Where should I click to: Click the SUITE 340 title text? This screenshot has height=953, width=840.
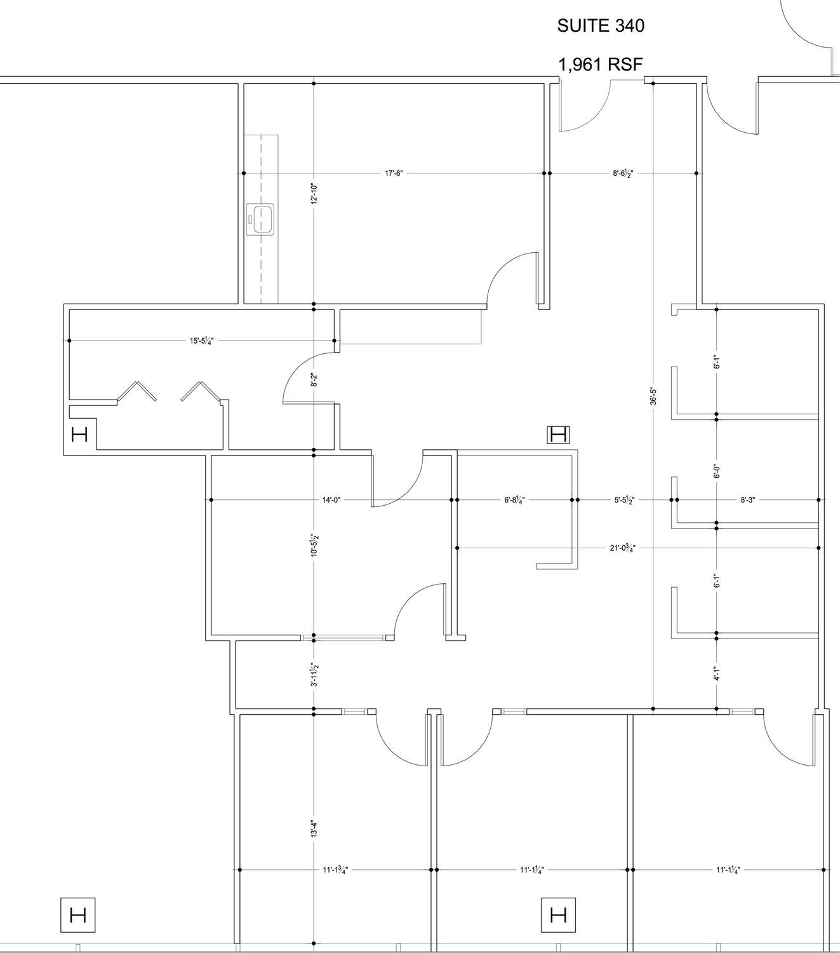point(600,26)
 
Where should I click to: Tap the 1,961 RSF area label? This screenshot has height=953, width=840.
point(600,64)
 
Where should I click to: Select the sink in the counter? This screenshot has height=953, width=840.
point(260,219)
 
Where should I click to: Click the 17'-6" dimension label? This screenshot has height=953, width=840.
point(394,173)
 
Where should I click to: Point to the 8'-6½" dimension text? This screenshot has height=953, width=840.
point(623,173)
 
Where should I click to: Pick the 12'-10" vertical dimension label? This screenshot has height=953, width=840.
point(314,193)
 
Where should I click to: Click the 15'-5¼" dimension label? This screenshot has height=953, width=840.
point(202,341)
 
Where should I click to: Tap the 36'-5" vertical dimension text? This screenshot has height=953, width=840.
point(653,396)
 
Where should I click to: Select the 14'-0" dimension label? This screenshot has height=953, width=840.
point(331,499)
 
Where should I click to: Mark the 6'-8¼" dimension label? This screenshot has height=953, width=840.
point(514,499)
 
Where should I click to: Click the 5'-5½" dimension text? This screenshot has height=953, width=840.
point(624,499)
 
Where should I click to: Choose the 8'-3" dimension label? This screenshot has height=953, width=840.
point(747,499)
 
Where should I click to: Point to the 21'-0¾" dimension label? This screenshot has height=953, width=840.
point(623,548)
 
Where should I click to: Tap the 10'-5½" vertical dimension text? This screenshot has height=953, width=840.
point(314,545)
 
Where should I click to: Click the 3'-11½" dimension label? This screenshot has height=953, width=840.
point(314,674)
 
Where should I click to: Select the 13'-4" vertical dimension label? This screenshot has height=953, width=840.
point(314,842)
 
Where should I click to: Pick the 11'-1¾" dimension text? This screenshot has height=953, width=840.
point(335,870)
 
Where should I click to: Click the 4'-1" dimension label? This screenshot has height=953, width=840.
point(716,673)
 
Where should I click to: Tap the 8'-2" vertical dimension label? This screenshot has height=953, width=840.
point(314,379)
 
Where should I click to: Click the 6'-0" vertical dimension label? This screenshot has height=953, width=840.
point(716,471)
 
